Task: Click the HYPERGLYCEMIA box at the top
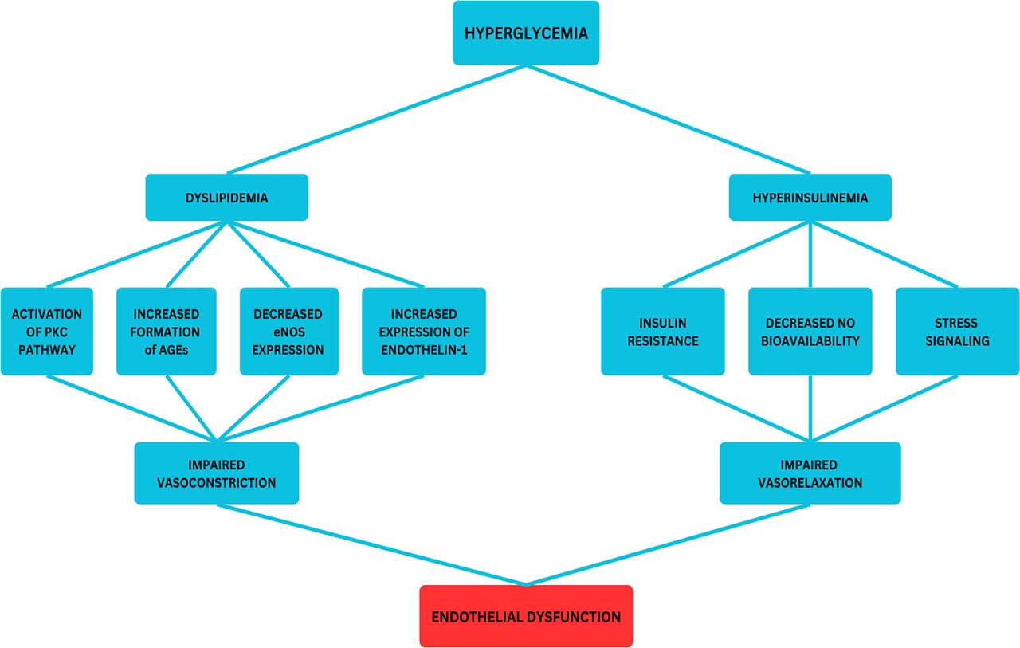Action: point(526,33)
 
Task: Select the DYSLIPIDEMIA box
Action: point(227,198)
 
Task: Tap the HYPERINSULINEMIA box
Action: point(810,198)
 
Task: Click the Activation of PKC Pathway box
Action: point(47,332)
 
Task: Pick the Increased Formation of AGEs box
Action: point(167,332)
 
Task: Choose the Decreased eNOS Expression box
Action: point(289,332)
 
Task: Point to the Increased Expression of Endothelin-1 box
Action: point(424,332)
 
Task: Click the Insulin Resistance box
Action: point(663,332)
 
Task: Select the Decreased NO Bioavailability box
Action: point(810,332)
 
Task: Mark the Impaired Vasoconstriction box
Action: point(217,473)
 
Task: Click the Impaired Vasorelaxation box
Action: point(810,473)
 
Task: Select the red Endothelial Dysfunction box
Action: point(526,616)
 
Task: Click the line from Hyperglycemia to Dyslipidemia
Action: point(376,119)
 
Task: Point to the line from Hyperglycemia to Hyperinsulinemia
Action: point(668,119)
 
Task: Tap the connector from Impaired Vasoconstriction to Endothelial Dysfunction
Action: point(371,545)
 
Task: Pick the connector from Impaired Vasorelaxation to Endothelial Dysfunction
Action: point(668,545)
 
